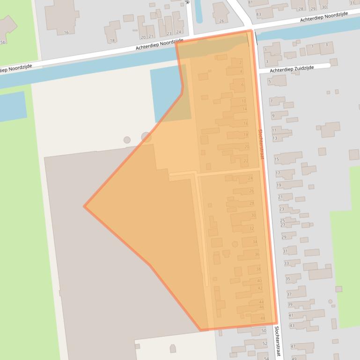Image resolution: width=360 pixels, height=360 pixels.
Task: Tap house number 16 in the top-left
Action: pos(66,32)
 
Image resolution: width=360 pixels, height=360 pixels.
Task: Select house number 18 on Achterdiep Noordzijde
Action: pos(112,41)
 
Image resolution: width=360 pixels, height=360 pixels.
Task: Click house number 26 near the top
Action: pos(221,21)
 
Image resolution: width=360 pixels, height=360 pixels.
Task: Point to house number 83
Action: pos(258,14)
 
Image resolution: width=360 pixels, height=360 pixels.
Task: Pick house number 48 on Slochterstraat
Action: pos(263,318)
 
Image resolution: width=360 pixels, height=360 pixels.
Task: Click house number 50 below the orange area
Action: pos(264,331)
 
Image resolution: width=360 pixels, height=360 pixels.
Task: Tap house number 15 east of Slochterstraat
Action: pos(277,160)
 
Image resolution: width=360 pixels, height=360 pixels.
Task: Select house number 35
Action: pos(287,279)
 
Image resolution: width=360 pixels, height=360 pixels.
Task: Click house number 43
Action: pos(292,325)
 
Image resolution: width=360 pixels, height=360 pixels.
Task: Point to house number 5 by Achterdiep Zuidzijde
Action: pos(270,81)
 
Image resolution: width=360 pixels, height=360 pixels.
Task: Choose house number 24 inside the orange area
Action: pos(250,179)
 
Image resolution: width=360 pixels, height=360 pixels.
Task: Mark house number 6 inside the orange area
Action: pos(242,85)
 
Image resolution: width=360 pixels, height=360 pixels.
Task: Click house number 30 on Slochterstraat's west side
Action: pos(253,215)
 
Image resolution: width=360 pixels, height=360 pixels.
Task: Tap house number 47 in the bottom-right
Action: pos(293,346)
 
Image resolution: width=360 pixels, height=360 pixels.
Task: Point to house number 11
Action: pos(274,130)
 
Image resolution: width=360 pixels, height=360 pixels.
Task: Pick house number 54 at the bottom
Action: pos(266,358)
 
